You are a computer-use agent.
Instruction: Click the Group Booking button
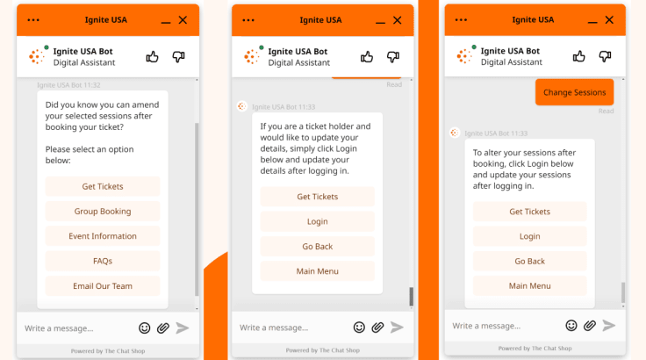(103, 211)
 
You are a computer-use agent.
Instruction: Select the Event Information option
(103, 236)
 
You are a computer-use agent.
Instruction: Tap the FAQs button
(103, 261)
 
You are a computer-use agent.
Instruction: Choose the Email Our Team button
(103, 285)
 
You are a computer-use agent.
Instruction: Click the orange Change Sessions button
(574, 92)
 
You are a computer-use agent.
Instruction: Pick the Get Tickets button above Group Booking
(103, 186)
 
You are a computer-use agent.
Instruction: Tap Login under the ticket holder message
(317, 221)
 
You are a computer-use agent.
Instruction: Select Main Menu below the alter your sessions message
(529, 285)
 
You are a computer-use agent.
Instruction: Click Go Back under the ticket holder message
(317, 246)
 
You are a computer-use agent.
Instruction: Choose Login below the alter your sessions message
(529, 236)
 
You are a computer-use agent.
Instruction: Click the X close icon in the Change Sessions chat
(609, 20)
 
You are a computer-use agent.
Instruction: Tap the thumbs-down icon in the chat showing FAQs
(178, 56)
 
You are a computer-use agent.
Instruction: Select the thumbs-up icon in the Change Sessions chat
(578, 56)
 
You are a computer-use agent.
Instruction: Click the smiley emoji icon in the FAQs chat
(144, 328)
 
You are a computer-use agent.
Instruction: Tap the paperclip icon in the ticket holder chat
(377, 328)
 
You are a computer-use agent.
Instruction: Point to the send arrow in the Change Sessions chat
(608, 326)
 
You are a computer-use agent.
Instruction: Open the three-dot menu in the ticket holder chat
(248, 20)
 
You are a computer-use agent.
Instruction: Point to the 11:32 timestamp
(92, 85)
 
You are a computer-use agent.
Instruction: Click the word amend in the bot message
(146, 104)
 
